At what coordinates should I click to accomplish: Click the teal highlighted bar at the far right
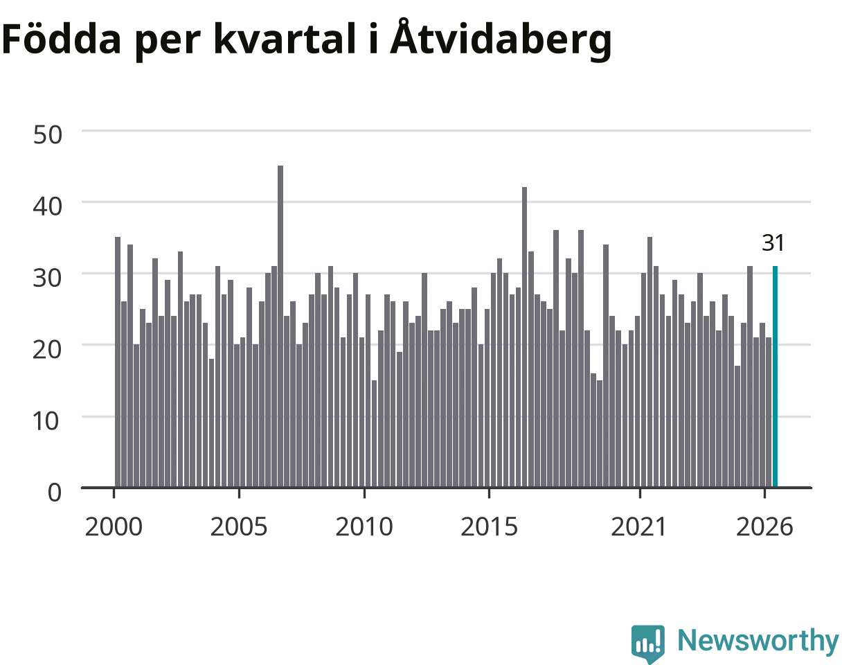pos(775,377)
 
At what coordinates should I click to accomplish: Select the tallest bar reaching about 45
pos(280,326)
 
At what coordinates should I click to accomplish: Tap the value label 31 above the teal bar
pos(773,243)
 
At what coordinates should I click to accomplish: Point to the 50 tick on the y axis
pos(47,135)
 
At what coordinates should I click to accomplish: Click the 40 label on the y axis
pos(47,206)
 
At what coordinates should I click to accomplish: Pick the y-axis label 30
pos(47,278)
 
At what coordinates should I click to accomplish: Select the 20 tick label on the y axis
pos(47,350)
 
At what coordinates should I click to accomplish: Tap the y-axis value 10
pos(46,421)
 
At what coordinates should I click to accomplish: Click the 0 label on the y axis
pos(55,493)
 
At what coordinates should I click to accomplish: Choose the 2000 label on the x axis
pos(114,527)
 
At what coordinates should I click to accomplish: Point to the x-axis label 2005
pos(239,527)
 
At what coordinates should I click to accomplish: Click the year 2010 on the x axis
pos(364,527)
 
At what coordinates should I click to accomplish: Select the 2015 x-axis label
pos(489,527)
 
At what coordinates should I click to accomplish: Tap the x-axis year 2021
pos(638,527)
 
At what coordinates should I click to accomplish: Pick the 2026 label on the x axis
pos(764,527)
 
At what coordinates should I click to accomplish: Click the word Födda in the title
pos(62,38)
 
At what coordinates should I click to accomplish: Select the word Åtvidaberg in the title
pos(501,39)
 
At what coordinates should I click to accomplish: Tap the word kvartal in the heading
pos(285,38)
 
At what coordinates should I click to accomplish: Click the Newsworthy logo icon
pos(648,641)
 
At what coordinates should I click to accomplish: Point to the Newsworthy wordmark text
pos(758,641)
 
